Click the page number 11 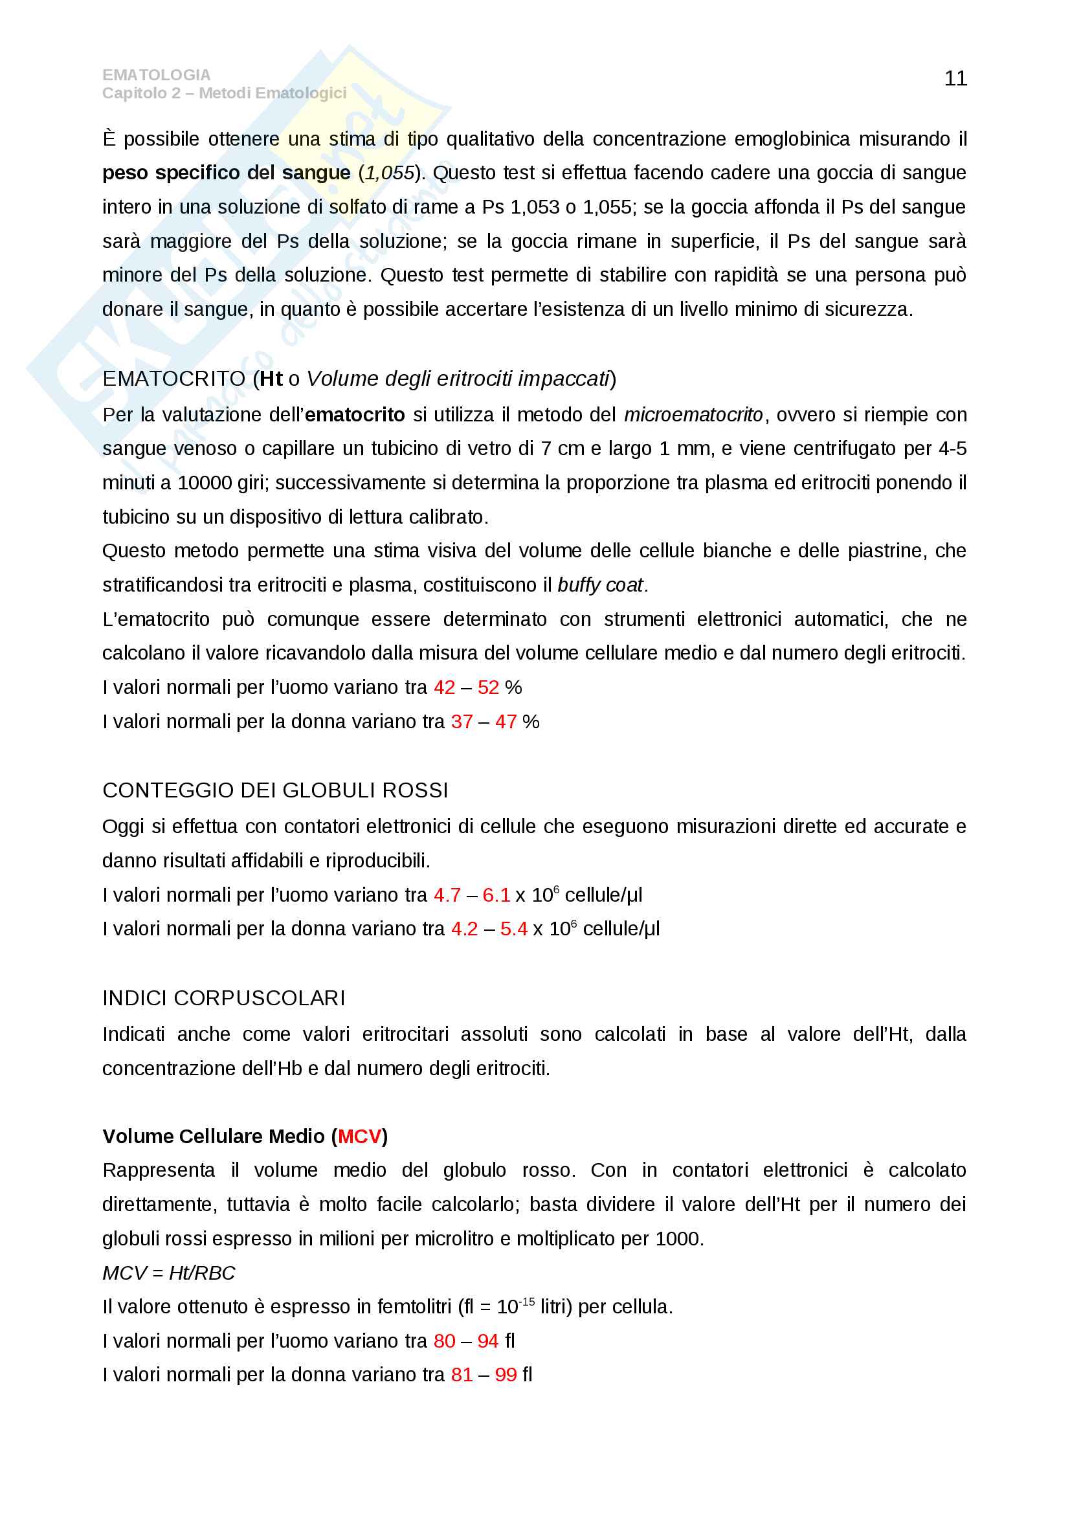point(955,78)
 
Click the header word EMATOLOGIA point(156,75)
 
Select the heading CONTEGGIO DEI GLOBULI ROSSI point(275,790)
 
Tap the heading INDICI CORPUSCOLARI point(223,997)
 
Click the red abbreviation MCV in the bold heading point(359,1136)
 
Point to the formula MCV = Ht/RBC point(169,1273)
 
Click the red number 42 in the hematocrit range point(444,687)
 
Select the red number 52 point(488,687)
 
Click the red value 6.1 point(496,895)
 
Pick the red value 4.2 point(464,928)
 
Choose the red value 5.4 point(513,928)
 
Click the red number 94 point(488,1341)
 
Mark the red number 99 point(506,1375)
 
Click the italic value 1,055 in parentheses point(390,173)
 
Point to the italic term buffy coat point(600,585)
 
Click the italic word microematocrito point(693,415)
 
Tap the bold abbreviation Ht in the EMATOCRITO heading point(271,379)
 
